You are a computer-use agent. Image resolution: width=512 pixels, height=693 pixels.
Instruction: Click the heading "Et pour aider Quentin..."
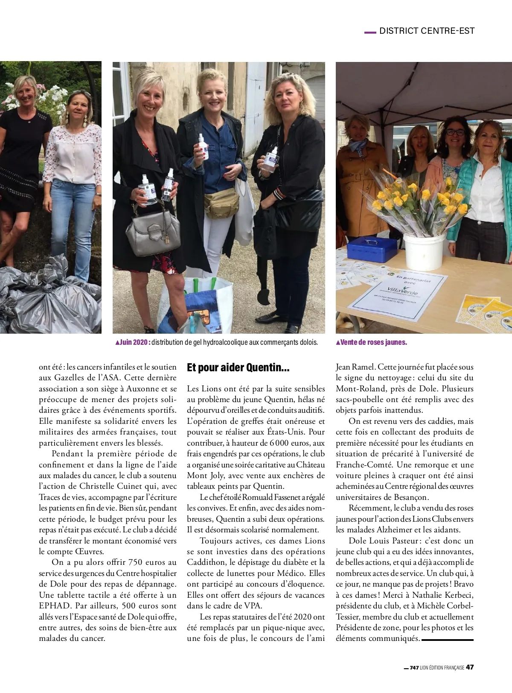238,368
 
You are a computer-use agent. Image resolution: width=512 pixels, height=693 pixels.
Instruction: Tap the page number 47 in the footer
469,668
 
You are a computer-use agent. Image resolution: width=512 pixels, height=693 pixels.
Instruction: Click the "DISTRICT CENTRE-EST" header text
427,31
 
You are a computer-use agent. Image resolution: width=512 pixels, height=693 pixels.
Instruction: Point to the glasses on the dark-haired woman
455,132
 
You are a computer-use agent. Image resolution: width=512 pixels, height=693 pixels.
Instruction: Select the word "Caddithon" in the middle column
207,562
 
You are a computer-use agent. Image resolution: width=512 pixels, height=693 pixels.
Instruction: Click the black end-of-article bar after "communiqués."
448,640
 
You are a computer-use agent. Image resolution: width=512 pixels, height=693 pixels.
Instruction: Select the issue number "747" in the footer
414,668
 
